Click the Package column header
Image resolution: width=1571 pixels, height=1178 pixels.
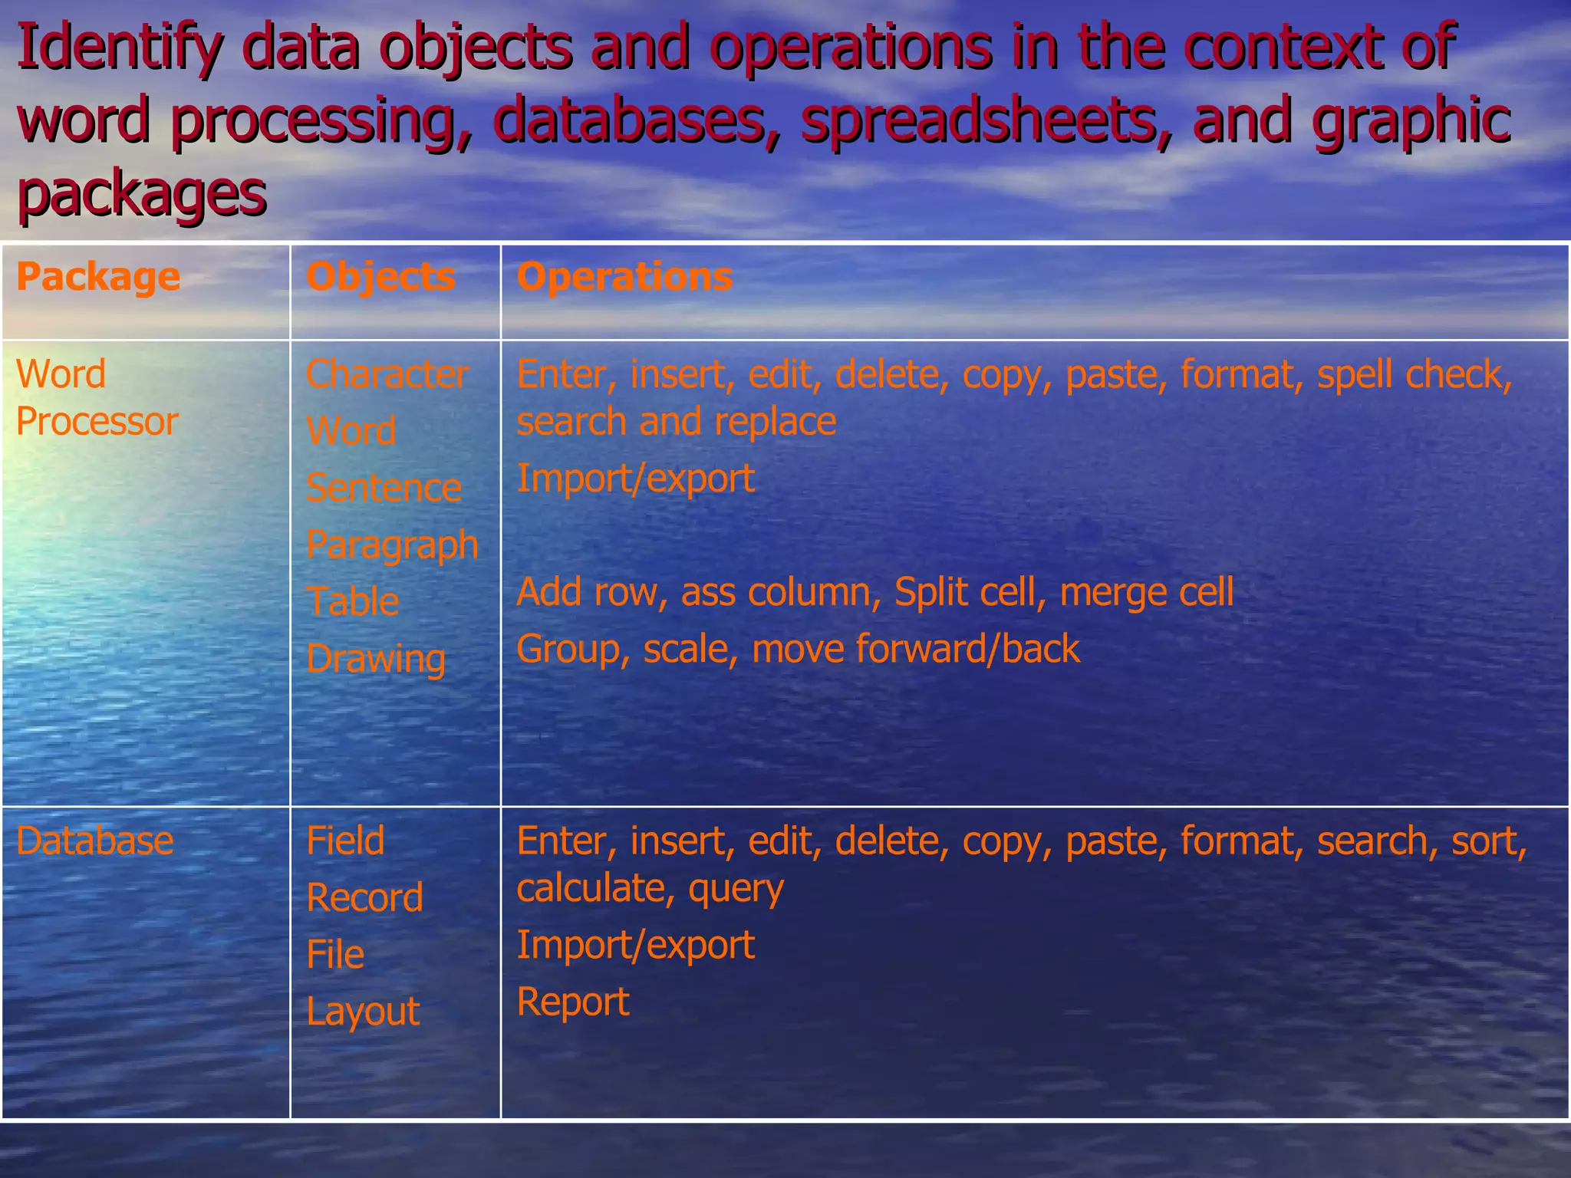pyautogui.click(x=98, y=277)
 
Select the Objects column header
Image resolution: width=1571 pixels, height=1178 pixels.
pyautogui.click(x=380, y=277)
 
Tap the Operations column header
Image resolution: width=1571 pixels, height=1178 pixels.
pyautogui.click(x=624, y=277)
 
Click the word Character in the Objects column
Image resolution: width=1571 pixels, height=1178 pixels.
pyautogui.click(x=387, y=375)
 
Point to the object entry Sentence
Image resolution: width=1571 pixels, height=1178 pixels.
pyautogui.click(x=384, y=489)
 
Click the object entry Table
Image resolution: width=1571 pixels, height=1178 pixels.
pyautogui.click(x=353, y=602)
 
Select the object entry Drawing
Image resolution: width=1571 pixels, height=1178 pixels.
pyautogui.click(x=376, y=659)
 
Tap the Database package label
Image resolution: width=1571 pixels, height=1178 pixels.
pyautogui.click(x=95, y=841)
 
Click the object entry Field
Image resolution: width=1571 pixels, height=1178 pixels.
pyautogui.click(x=345, y=841)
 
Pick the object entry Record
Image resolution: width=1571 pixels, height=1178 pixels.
pyautogui.click(x=364, y=898)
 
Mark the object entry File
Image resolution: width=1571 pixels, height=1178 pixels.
pyautogui.click(x=335, y=955)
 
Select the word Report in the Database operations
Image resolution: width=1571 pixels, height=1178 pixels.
pyautogui.click(x=573, y=1002)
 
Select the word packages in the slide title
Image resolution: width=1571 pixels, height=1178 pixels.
pyautogui.click(x=142, y=193)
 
